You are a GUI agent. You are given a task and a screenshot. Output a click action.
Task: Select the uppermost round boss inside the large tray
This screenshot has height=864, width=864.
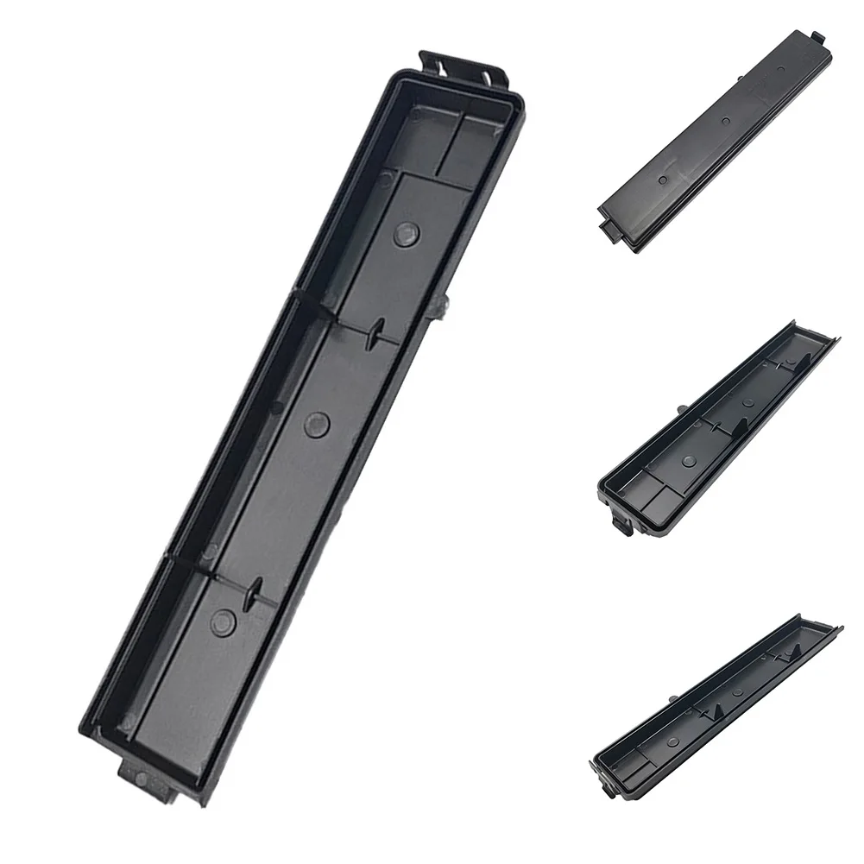click(407, 231)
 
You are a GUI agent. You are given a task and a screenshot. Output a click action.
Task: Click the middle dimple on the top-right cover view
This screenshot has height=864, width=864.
click(724, 123)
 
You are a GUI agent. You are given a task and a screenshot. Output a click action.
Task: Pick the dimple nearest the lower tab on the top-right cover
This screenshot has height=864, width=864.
click(663, 180)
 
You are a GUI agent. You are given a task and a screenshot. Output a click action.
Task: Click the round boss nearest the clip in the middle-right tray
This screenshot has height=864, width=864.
click(687, 461)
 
